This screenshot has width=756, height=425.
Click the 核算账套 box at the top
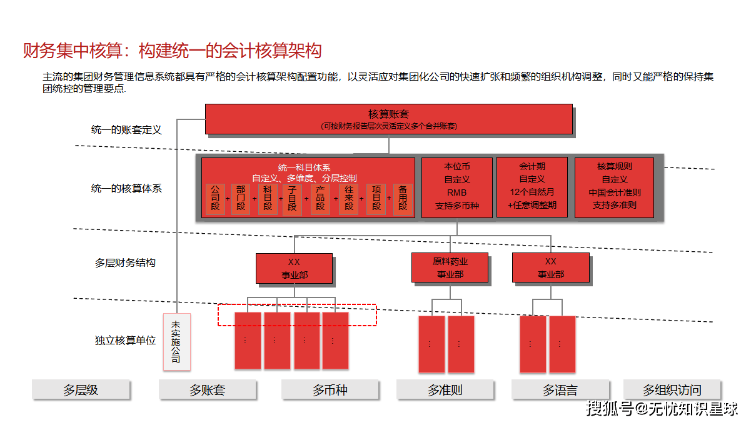point(388,119)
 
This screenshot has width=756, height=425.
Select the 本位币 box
point(456,187)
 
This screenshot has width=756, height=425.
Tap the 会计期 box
point(532,187)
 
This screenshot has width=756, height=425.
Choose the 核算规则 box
point(614,187)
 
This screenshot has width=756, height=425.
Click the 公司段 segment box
point(215,199)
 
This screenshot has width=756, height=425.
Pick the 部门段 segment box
point(241,199)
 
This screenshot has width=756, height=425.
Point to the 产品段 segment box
point(320,199)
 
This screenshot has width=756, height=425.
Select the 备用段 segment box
point(403,199)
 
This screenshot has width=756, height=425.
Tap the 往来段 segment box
point(348,199)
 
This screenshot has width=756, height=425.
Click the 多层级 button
point(81,390)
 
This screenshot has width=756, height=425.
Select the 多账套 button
point(208,390)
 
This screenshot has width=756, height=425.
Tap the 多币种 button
point(330,390)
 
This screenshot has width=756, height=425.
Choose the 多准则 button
point(445,390)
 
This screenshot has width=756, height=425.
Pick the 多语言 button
point(560,390)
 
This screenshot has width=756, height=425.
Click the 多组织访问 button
point(672,390)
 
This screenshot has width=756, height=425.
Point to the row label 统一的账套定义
point(126,130)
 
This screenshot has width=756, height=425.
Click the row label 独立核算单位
point(125,341)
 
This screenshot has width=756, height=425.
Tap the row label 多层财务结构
point(125,263)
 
